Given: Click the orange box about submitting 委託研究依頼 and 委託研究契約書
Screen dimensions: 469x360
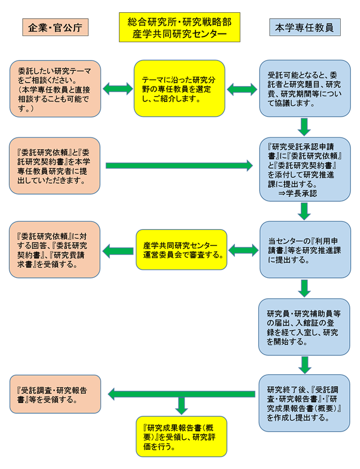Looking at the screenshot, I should [x=55, y=166].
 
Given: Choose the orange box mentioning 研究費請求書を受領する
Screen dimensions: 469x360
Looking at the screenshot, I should [x=55, y=249].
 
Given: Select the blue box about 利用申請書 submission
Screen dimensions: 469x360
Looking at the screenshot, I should [x=304, y=249].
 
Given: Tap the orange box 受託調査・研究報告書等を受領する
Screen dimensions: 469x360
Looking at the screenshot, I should [x=55, y=394].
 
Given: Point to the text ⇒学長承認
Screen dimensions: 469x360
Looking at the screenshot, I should [x=297, y=194].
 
